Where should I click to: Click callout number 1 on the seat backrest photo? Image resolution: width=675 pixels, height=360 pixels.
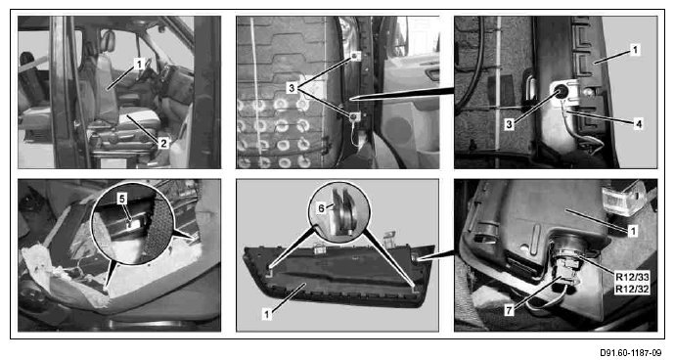click(x=138, y=65)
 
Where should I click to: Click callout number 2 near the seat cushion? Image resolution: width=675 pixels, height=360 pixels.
click(x=163, y=144)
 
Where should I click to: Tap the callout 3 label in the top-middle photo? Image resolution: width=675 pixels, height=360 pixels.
click(x=292, y=88)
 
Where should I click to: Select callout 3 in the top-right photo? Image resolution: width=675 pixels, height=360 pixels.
click(x=510, y=124)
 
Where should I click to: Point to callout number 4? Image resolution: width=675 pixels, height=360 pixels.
click(x=639, y=124)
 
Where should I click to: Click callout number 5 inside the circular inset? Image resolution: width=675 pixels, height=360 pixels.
click(x=122, y=199)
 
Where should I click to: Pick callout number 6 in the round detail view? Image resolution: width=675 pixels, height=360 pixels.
click(x=322, y=207)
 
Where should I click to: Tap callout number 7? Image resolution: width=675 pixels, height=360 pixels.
click(x=510, y=310)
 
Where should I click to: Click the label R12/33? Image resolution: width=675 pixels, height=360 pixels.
click(x=632, y=277)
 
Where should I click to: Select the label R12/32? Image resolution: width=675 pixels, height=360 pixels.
click(x=632, y=289)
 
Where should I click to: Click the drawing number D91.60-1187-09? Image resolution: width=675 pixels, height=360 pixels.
click(x=630, y=353)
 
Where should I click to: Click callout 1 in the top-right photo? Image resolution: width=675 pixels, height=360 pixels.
click(x=635, y=51)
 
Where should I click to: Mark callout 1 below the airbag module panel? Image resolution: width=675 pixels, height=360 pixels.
click(x=267, y=315)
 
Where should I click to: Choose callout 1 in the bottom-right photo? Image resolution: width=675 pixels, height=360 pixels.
click(x=632, y=231)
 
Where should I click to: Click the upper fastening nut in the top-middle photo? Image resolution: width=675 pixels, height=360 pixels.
click(x=354, y=56)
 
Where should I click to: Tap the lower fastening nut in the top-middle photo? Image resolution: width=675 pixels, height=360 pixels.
click(x=353, y=116)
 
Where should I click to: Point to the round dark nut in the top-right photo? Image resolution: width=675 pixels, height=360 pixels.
click(x=561, y=91)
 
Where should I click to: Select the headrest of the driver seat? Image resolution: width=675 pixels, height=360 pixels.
click(x=108, y=41)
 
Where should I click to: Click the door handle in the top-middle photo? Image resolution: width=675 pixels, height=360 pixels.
click(x=432, y=74)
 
